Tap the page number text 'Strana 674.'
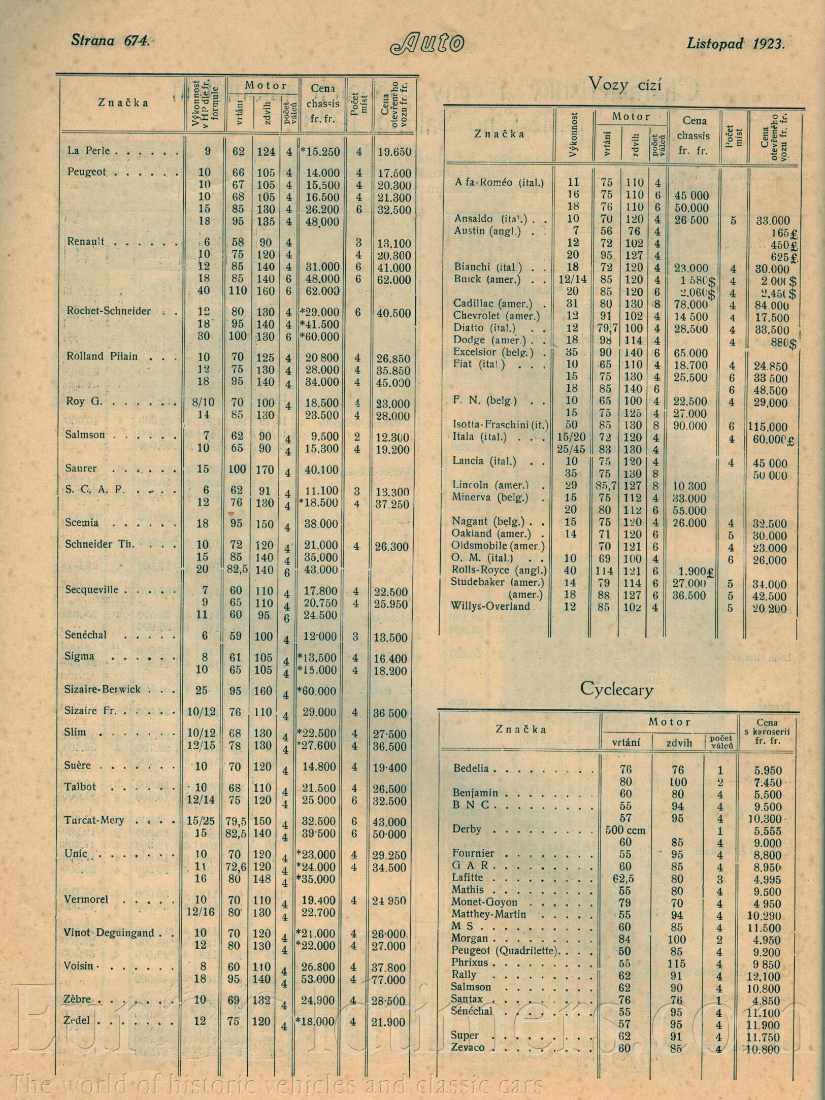click(x=110, y=41)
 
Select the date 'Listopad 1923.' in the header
click(x=736, y=43)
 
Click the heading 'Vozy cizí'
click(x=625, y=84)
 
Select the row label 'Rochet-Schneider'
click(x=109, y=311)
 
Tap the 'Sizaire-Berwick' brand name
click(x=103, y=689)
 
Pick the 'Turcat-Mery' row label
click(x=94, y=820)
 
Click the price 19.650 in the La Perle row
click(x=394, y=152)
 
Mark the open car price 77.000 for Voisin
click(x=392, y=980)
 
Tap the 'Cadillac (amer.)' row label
click(x=492, y=304)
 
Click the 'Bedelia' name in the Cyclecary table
click(x=471, y=768)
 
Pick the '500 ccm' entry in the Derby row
click(x=626, y=830)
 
